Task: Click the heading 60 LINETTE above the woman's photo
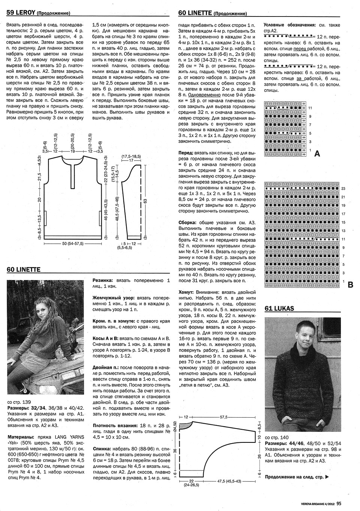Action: pos(23,269)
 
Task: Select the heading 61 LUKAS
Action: pos(279,308)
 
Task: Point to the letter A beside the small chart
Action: pos(317,153)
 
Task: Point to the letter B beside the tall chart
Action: pos(350,285)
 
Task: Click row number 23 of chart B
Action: pos(343,188)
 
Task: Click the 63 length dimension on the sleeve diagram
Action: pos(145,201)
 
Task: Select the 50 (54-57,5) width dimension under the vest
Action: pos(73,244)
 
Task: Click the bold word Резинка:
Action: pos(103,280)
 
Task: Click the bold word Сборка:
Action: pos(189,222)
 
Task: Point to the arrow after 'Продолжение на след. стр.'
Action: pos(327,477)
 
